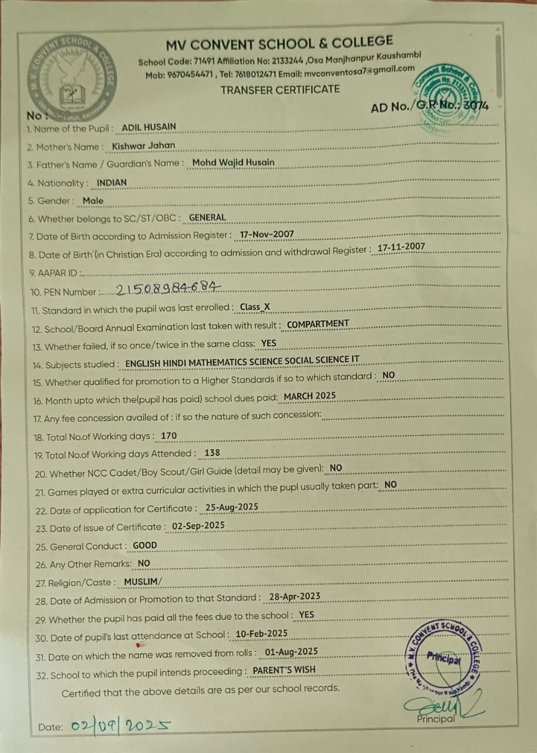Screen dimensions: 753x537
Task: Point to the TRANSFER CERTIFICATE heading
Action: pyautogui.click(x=280, y=89)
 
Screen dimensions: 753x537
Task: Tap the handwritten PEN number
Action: pyautogui.click(x=168, y=289)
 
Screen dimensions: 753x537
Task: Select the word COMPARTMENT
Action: pyautogui.click(x=318, y=324)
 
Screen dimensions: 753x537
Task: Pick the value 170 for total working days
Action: pyautogui.click(x=168, y=436)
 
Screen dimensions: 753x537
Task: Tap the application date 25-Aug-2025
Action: pyautogui.click(x=231, y=507)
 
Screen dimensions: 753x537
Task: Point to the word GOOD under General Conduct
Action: pyautogui.click(x=145, y=545)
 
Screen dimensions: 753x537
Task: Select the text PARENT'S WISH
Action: pyautogui.click(x=284, y=669)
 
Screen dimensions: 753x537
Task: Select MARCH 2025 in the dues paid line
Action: pyautogui.click(x=310, y=396)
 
